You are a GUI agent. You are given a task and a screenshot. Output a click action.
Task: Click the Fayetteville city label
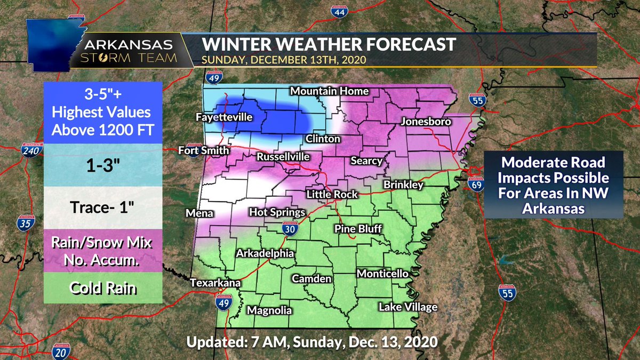click(x=223, y=117)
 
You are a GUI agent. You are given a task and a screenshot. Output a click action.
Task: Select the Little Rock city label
click(x=331, y=195)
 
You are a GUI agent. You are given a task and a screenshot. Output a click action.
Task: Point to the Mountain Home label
click(x=329, y=91)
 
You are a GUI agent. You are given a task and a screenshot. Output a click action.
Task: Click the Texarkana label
click(x=216, y=283)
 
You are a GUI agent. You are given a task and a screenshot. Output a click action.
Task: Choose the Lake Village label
click(x=408, y=307)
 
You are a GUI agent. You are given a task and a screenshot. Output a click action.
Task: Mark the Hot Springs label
click(x=277, y=212)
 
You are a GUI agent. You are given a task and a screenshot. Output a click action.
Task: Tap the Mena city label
click(x=199, y=214)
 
